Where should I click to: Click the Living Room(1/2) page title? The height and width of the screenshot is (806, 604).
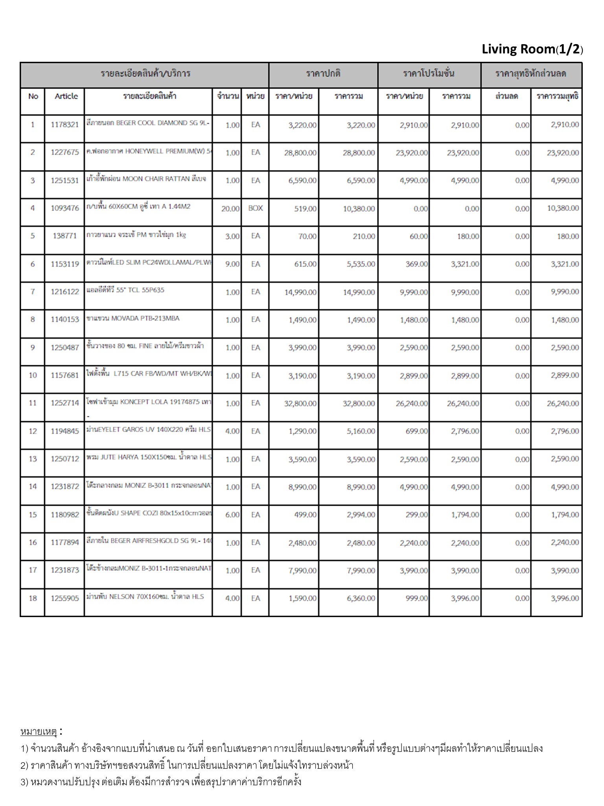(532, 49)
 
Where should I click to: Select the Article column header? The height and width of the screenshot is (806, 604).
(66, 96)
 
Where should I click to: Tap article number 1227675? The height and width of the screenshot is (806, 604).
(64, 153)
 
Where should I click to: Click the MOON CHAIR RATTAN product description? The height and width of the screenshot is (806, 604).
(146, 179)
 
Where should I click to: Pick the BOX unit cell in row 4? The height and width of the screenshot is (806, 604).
(255, 208)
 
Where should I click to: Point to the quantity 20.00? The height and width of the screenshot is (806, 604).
(230, 209)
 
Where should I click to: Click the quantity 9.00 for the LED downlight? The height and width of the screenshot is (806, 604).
(232, 264)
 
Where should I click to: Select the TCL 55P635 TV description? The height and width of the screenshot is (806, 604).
(125, 290)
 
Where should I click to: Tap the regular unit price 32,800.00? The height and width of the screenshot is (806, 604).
(300, 403)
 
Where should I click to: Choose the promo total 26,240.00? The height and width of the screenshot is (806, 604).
(463, 403)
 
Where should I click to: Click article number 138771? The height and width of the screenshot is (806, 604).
(64, 236)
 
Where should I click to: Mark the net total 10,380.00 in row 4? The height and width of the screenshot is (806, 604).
(563, 208)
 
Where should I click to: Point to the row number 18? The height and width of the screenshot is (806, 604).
(33, 598)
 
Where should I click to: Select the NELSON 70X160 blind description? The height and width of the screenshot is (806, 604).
(145, 597)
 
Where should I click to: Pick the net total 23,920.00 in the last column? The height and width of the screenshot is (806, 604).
(563, 153)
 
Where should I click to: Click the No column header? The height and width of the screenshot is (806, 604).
(33, 96)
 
